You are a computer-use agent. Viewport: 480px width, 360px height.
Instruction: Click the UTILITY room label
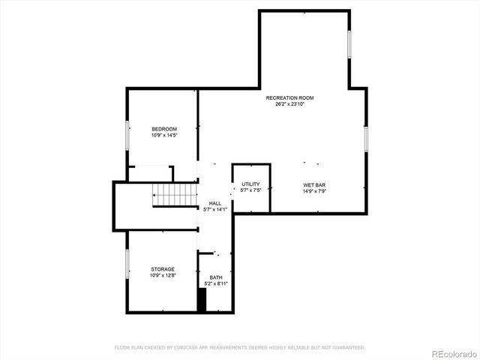coord(250,184)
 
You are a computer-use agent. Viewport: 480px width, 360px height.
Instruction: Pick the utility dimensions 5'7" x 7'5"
coord(250,190)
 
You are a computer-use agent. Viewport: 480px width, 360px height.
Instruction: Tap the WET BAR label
coord(314,184)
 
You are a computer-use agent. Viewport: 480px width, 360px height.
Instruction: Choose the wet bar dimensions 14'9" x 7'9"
coord(314,190)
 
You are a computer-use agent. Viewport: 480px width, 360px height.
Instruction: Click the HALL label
coord(215,203)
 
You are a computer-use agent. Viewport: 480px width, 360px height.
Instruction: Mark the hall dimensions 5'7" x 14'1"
coord(215,209)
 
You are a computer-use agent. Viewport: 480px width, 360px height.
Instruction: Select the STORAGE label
coord(163,269)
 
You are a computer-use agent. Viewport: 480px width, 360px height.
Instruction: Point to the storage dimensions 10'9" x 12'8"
coord(163,275)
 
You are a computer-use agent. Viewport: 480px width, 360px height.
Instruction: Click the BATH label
coord(216,277)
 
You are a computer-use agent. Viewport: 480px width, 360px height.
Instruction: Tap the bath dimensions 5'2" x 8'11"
coord(216,283)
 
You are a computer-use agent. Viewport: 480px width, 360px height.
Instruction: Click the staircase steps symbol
coord(175,194)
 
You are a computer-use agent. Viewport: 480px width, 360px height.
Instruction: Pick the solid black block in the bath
coord(201,299)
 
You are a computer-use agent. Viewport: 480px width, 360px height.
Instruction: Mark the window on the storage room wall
coord(127,265)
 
